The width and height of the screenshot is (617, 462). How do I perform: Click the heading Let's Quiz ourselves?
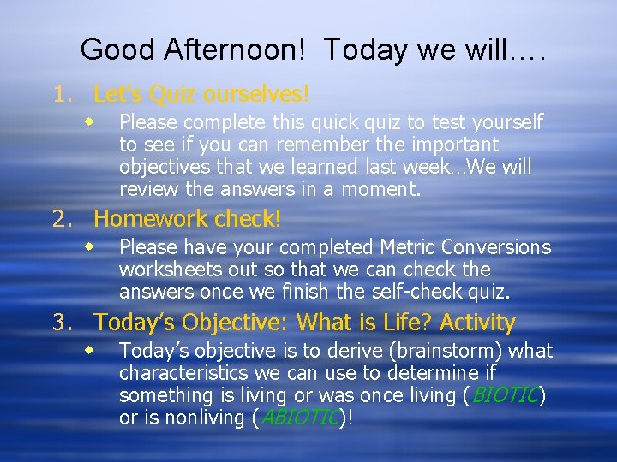coord(201,92)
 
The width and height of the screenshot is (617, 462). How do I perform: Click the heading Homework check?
coord(187,219)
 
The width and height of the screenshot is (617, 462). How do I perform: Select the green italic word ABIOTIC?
coord(301,418)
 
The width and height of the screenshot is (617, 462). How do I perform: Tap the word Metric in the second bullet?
coord(408,247)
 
